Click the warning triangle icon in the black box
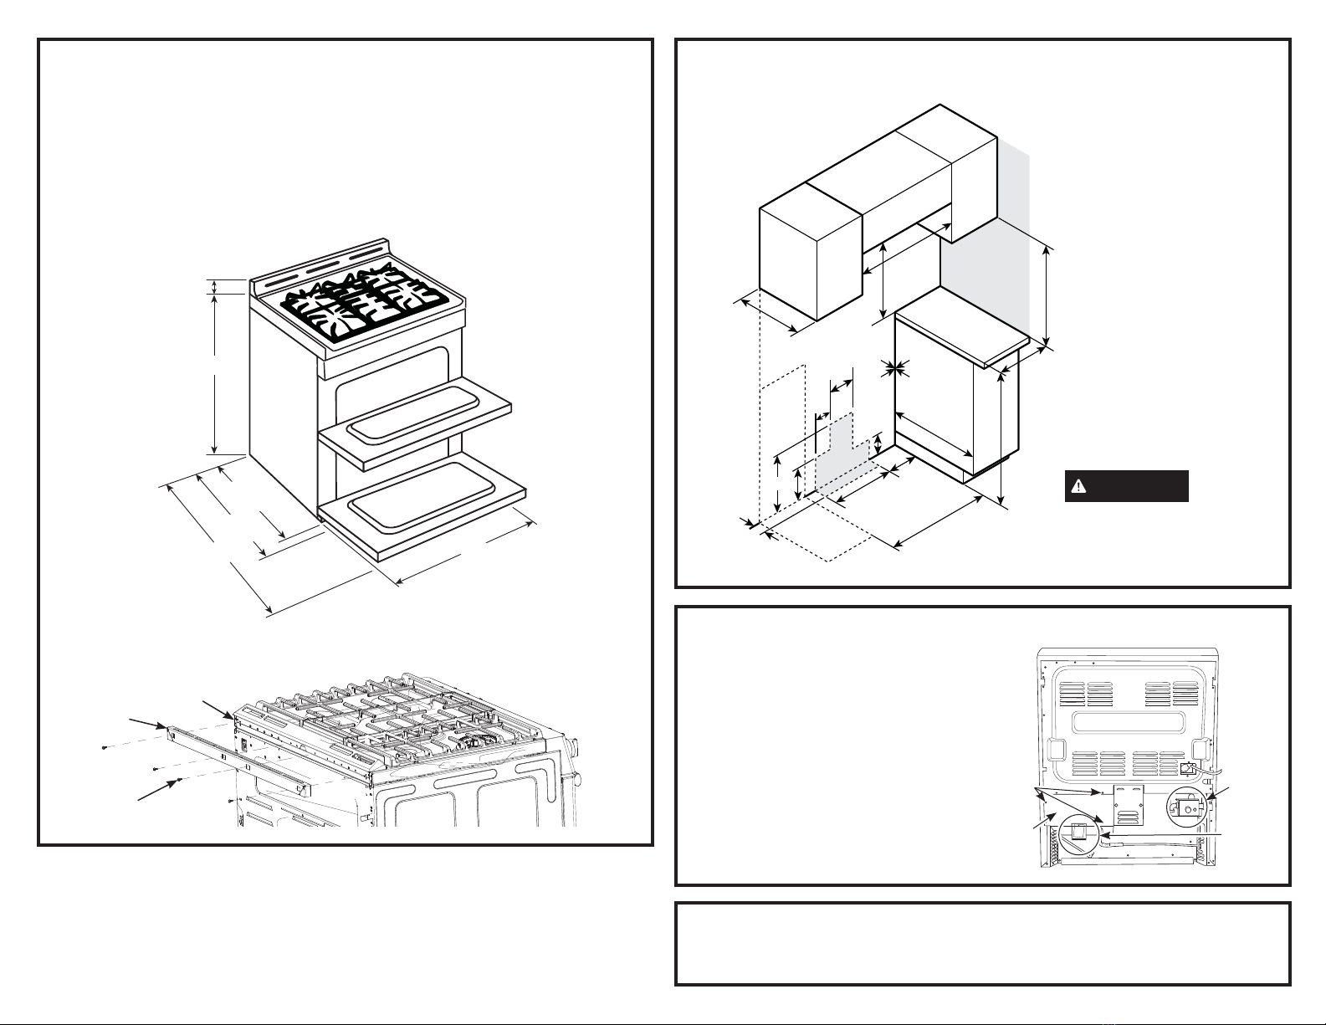(x=1079, y=486)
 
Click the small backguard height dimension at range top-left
(x=215, y=287)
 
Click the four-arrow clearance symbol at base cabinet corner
(x=896, y=366)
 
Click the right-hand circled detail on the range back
(x=1187, y=808)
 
